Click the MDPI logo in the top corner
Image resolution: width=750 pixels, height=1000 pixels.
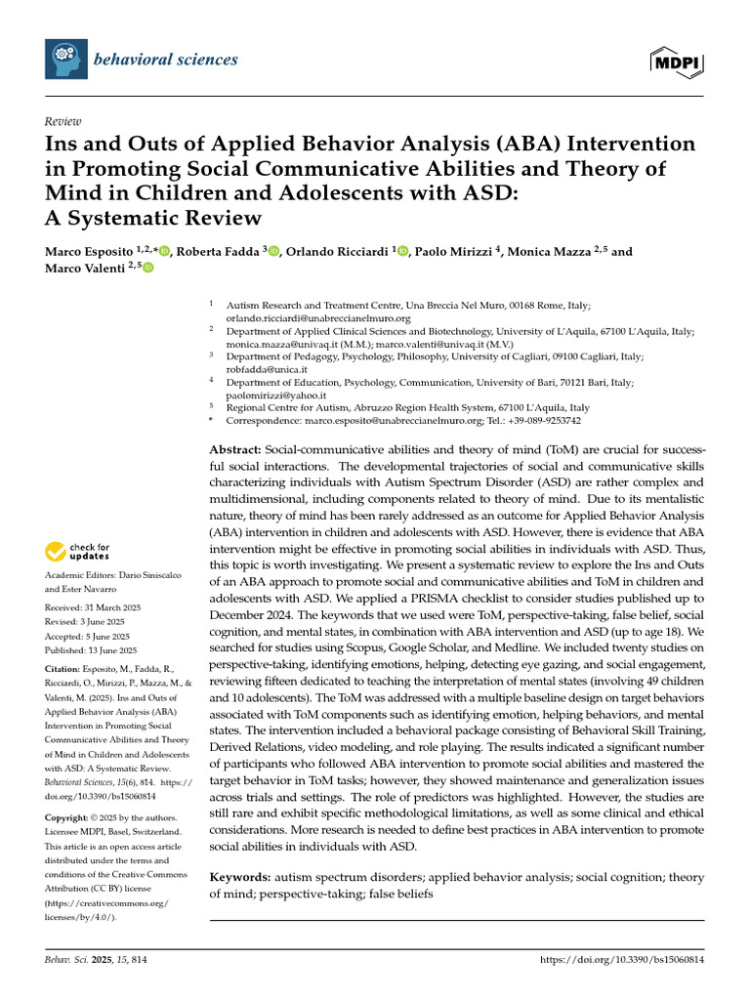click(x=677, y=62)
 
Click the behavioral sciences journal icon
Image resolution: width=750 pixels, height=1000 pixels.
click(x=65, y=60)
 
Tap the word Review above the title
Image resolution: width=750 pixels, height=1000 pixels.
click(x=62, y=122)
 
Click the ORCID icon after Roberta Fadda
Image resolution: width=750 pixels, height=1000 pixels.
click(x=274, y=252)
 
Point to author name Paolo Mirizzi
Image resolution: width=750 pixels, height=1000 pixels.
click(x=453, y=251)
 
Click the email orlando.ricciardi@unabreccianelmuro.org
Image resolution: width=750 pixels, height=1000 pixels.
click(x=317, y=318)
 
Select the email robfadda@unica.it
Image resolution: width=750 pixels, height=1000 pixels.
click(x=267, y=370)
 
